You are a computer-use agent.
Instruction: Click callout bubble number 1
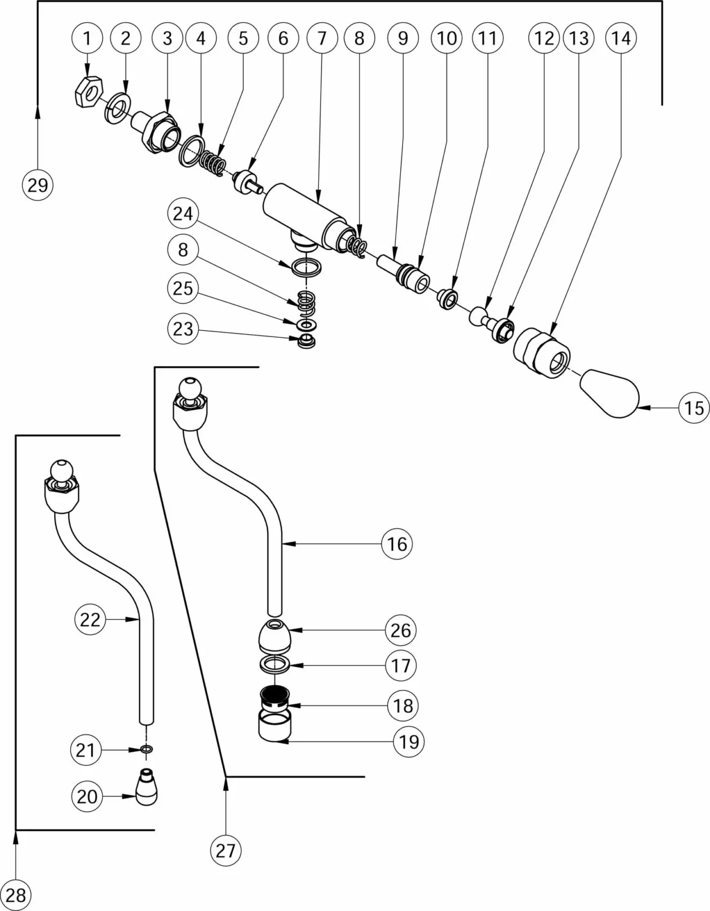point(87,38)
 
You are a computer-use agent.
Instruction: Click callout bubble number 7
point(322,38)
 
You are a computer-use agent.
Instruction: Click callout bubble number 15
point(694,408)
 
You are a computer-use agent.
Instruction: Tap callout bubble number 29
point(38,185)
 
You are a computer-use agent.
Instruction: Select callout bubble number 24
point(183,214)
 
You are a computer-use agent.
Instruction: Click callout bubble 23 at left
point(183,329)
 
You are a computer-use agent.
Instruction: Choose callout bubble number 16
point(397,544)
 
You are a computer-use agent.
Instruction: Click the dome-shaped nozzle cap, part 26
point(275,635)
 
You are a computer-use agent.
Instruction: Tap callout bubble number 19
point(409,741)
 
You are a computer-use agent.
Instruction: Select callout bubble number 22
point(90,619)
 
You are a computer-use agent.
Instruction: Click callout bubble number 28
point(15,895)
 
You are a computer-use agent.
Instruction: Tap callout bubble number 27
point(225,850)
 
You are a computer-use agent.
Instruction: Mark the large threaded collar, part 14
point(541,347)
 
